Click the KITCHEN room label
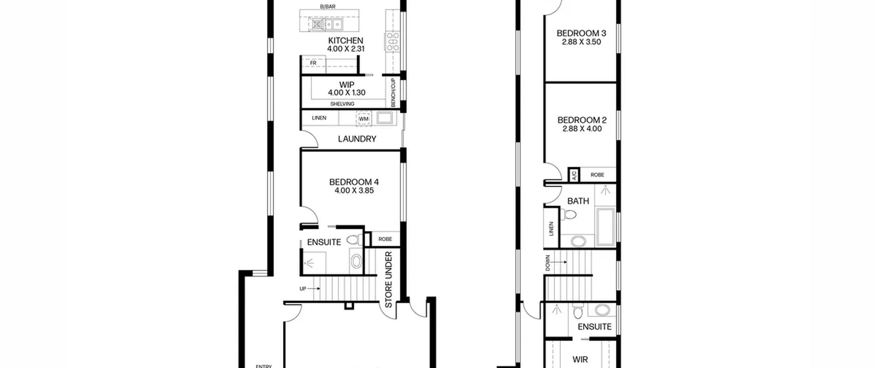click(x=345, y=40)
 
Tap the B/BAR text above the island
click(x=327, y=7)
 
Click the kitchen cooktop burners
click(x=392, y=41)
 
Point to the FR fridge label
click(x=313, y=63)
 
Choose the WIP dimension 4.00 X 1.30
click(x=347, y=92)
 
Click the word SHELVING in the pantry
click(x=342, y=104)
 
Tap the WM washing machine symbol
click(x=363, y=118)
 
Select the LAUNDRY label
click(x=357, y=139)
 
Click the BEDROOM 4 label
click(x=354, y=182)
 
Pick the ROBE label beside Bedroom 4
click(x=385, y=239)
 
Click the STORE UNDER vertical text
click(x=389, y=280)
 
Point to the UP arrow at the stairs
click(x=313, y=289)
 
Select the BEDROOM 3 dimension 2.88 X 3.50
click(x=581, y=42)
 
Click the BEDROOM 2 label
click(x=582, y=120)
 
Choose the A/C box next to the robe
click(x=574, y=175)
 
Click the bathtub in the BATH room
click(x=605, y=226)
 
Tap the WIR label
click(x=580, y=359)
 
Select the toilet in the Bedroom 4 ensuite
click(x=355, y=240)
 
